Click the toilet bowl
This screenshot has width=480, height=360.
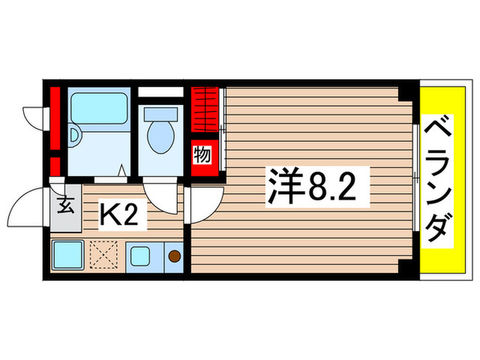(160, 137)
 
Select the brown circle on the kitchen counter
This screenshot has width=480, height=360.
(174, 256)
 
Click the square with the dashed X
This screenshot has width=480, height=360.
(104, 256)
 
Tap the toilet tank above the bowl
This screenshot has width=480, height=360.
(160, 112)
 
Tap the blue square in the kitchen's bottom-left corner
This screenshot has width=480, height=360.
(67, 256)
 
